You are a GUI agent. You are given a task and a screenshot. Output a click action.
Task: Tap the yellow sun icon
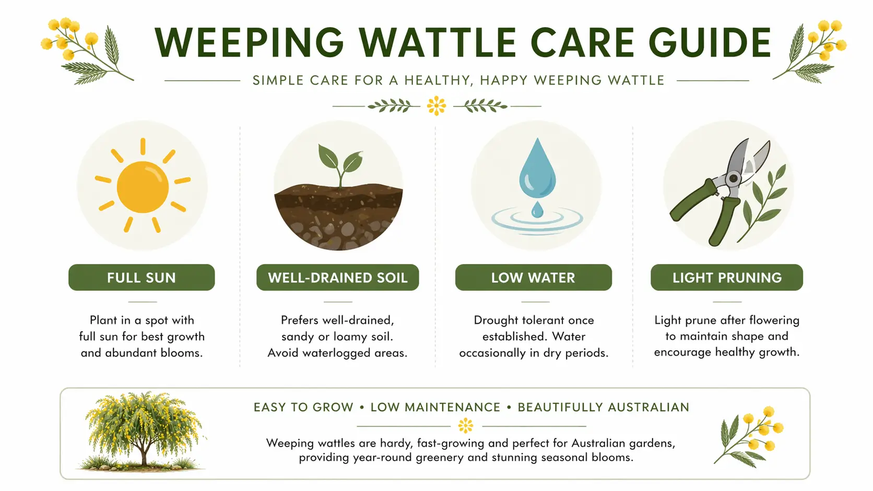click(x=143, y=186)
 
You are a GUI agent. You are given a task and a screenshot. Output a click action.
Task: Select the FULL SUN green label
click(x=141, y=278)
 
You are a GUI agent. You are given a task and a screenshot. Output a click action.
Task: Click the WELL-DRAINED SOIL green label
click(x=337, y=278)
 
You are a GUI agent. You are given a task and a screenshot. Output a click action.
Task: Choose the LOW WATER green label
click(x=533, y=278)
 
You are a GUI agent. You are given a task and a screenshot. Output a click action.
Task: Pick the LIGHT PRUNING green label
click(x=727, y=278)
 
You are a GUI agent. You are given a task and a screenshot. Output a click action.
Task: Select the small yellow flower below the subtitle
click(x=436, y=106)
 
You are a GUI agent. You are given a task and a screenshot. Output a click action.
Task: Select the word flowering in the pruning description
click(x=774, y=320)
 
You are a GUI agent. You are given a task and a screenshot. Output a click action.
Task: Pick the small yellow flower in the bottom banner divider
click(x=465, y=426)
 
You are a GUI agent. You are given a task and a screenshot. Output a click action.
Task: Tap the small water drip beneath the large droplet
click(x=537, y=210)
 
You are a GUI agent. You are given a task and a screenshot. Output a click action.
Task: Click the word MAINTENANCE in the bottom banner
click(x=435, y=407)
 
